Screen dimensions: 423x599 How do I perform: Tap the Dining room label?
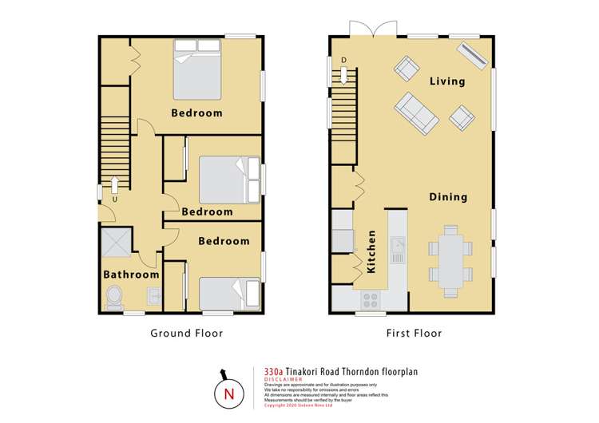(447, 197)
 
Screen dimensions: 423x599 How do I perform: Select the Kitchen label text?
(372, 252)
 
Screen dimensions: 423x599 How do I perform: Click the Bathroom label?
(131, 275)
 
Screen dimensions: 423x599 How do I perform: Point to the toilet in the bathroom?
(115, 298)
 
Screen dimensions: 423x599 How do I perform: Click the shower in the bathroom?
(117, 243)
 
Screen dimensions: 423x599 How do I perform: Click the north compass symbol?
(229, 393)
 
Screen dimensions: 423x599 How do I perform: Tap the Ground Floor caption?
(187, 333)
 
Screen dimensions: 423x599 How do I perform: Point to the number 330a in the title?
(275, 371)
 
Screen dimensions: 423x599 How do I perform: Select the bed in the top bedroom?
(196, 69)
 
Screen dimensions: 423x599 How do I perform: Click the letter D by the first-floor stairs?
(343, 60)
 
